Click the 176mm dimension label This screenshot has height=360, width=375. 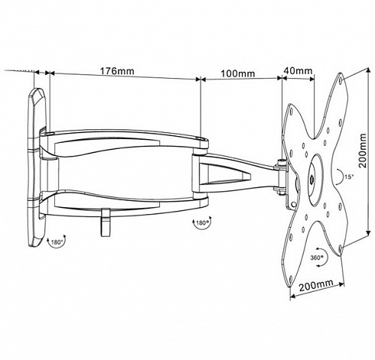click(x=116, y=71)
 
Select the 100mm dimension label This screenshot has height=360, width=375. click(x=237, y=73)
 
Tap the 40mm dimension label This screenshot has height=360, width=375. click(x=298, y=70)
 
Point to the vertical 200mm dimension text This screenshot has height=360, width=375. click(x=362, y=151)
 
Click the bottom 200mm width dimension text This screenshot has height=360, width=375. click(x=316, y=285)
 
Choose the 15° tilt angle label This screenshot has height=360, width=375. click(x=349, y=177)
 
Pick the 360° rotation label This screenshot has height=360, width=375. click(x=315, y=258)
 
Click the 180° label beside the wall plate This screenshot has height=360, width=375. click(x=57, y=242)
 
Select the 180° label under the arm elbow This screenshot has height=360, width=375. click(x=201, y=222)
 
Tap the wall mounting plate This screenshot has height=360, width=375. click(x=36, y=167)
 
